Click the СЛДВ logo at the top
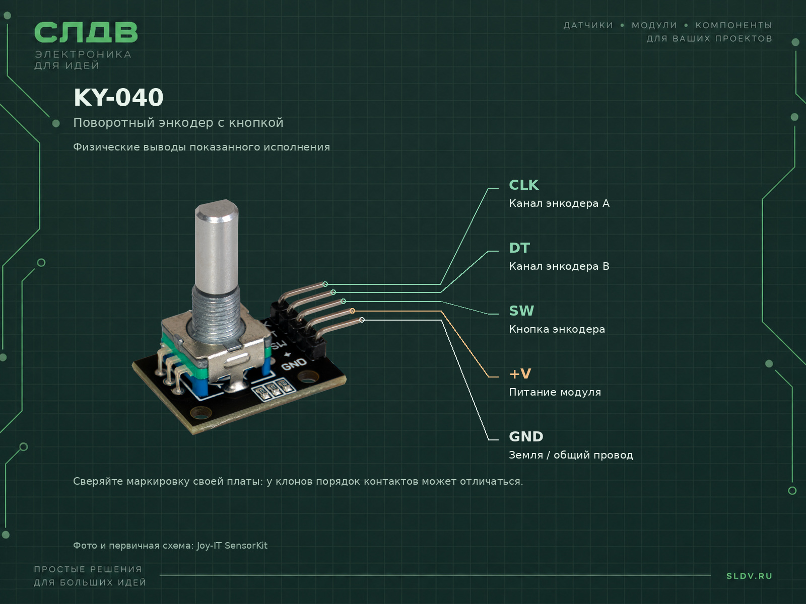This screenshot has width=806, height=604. pyautogui.click(x=86, y=32)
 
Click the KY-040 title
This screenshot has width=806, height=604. pyautogui.click(x=118, y=98)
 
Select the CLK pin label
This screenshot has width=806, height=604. pyautogui.click(x=523, y=185)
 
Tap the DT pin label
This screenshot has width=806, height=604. pyautogui.click(x=519, y=248)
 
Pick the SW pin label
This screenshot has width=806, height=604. pyautogui.click(x=521, y=311)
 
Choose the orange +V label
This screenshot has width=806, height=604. pyautogui.click(x=520, y=374)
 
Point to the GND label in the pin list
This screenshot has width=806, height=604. pyautogui.click(x=526, y=437)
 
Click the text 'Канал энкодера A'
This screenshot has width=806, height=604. pyautogui.click(x=559, y=203)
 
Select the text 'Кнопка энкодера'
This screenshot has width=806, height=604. pyautogui.click(x=557, y=329)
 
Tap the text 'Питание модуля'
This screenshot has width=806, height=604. pyautogui.click(x=555, y=393)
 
